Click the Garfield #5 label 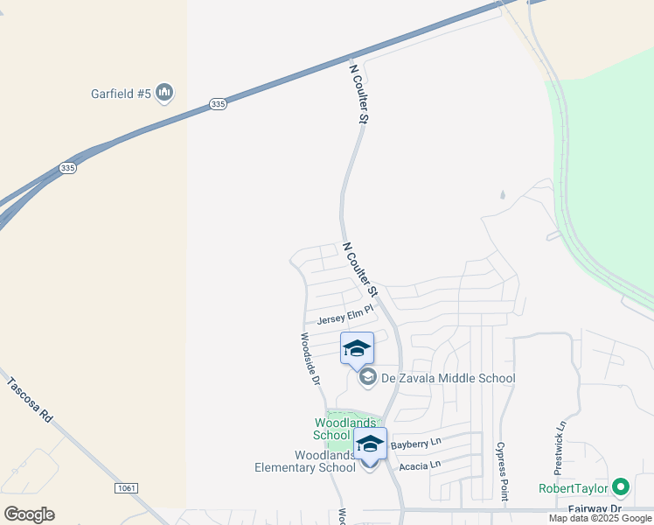coord(122,93)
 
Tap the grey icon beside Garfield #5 coord(165,93)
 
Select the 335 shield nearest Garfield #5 coord(219,104)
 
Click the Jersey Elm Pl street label coord(344,320)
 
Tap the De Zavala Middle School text coord(448,378)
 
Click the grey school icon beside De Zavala coord(368,378)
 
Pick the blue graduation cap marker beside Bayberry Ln coord(370,444)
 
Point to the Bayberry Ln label coord(416,444)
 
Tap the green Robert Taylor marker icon coord(621,486)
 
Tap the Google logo coord(29,514)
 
